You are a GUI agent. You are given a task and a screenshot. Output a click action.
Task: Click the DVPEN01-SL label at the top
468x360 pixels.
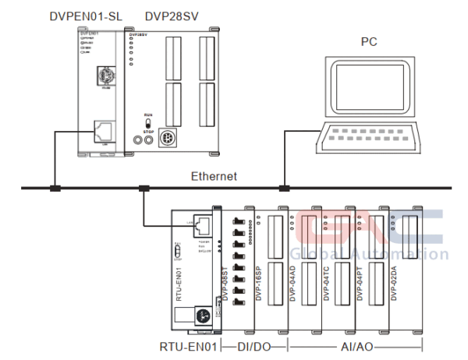[84, 15]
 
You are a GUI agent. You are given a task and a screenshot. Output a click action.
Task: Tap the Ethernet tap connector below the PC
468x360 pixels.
[285, 188]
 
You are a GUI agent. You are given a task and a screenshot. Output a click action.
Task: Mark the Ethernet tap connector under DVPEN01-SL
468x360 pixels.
[55, 188]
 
